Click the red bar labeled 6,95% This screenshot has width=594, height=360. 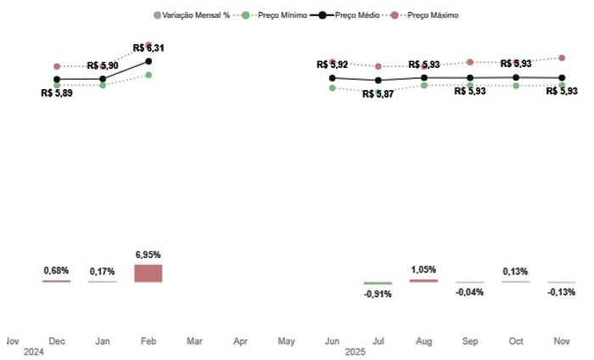[148, 273]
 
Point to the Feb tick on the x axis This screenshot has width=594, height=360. [148, 341]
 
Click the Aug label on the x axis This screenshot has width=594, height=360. [423, 341]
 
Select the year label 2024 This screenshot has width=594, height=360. [33, 352]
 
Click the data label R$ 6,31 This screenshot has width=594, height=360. [148, 48]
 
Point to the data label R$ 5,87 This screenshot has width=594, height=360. [378, 94]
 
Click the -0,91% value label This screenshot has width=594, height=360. [378, 295]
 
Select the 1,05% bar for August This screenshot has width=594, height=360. [423, 280]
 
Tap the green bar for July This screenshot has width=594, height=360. [378, 283]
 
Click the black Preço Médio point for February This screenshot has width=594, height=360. [148, 61]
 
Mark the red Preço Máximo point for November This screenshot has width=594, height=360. [561, 58]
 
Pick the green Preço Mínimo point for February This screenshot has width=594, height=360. [148, 75]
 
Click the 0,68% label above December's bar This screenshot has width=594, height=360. [56, 270]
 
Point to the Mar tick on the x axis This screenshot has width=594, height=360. [194, 341]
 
